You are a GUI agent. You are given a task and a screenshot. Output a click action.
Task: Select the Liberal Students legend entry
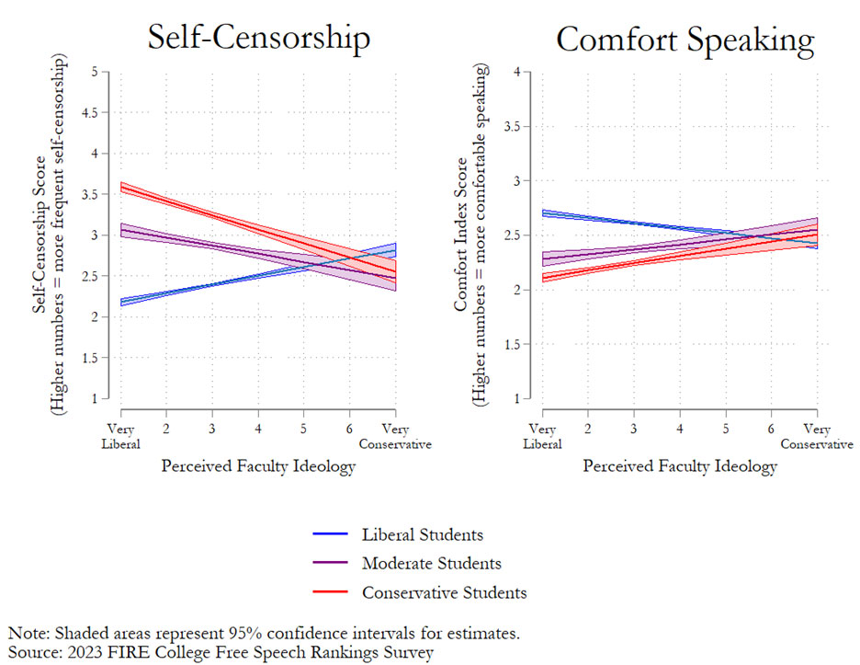click(x=422, y=534)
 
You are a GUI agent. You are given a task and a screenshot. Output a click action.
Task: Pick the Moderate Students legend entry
click(x=431, y=563)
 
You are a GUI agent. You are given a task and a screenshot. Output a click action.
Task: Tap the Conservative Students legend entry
click(x=444, y=592)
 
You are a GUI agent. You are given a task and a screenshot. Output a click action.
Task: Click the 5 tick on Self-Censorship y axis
click(x=93, y=72)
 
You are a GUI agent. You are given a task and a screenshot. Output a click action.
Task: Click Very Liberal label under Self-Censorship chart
click(x=121, y=436)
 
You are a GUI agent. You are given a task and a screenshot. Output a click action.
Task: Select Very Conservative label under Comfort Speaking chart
click(x=817, y=436)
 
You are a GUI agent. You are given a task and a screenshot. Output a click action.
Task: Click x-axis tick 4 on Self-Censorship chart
click(x=258, y=430)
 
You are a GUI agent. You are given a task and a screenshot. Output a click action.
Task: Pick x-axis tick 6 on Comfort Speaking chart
click(x=771, y=430)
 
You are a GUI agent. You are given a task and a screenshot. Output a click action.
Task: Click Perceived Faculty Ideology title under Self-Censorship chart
click(x=258, y=466)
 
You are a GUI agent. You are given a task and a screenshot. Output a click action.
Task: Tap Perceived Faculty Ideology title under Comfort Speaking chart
click(x=680, y=466)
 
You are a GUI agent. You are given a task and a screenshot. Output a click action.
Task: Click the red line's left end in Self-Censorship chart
click(x=122, y=188)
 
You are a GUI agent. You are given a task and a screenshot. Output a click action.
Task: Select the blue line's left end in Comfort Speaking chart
click(x=543, y=213)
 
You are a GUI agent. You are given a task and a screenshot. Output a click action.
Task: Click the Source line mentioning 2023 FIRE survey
click(x=221, y=651)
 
